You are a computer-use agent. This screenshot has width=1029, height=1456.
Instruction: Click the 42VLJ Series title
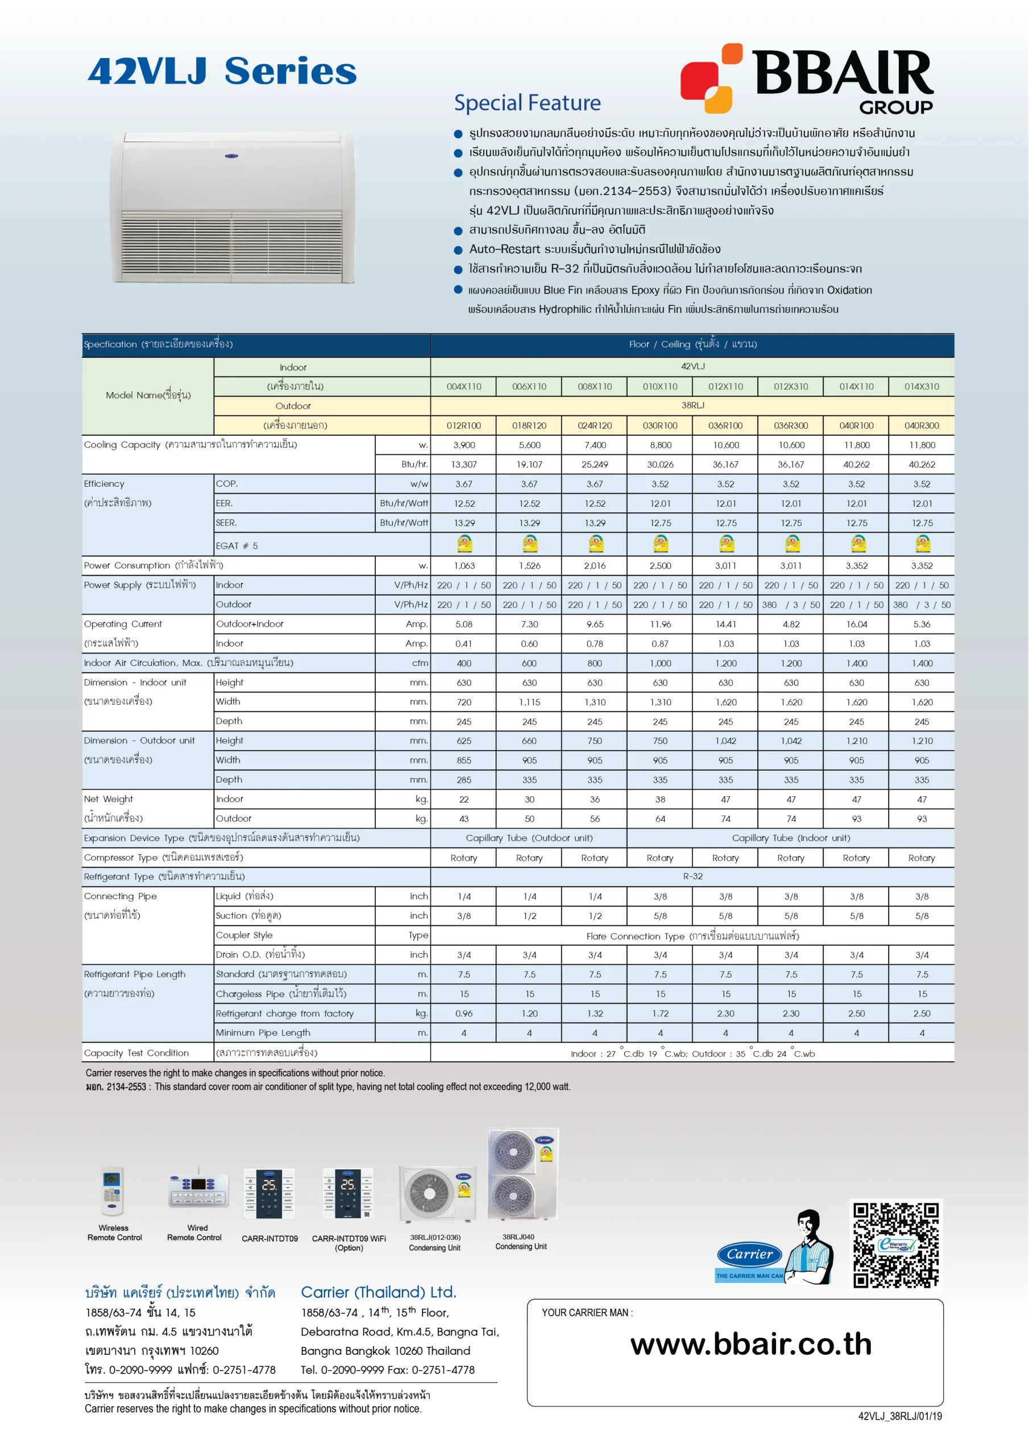[222, 71]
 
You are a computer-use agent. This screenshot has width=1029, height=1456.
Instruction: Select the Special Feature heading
[527, 103]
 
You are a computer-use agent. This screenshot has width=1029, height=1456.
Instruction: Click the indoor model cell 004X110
[463, 386]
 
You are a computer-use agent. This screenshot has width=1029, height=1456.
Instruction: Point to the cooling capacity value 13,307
[463, 464]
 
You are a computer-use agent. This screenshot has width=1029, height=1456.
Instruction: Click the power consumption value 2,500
[660, 566]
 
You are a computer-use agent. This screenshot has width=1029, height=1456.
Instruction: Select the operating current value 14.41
[725, 624]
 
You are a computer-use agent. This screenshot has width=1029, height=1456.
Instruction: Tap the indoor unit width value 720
[463, 702]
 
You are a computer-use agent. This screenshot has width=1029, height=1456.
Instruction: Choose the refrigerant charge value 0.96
[463, 1014]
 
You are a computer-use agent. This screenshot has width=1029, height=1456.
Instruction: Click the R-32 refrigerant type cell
[692, 876]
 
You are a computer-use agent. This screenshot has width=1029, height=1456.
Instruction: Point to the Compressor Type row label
[164, 857]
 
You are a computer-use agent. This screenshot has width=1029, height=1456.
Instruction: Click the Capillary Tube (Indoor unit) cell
[791, 838]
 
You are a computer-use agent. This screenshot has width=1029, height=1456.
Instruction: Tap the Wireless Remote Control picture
[113, 1191]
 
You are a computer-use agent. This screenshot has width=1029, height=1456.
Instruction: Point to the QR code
[895, 1245]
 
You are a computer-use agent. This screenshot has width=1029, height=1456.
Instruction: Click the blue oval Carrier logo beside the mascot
[749, 1254]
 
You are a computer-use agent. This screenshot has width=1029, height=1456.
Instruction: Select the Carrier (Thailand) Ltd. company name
[379, 1292]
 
